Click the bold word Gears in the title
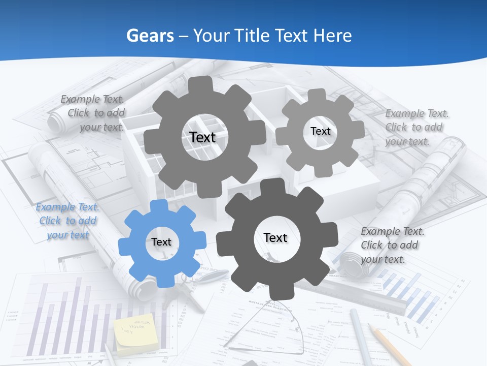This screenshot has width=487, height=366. click(150, 36)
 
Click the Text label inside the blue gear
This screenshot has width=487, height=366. click(161, 242)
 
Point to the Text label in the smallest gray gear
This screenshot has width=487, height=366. click(320, 131)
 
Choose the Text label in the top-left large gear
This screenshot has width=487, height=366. click(202, 137)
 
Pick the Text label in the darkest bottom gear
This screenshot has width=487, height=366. click(275, 237)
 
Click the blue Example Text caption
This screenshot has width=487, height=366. click(67, 221)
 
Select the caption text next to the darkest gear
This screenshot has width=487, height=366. click(392, 245)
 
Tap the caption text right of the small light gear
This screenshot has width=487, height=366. click(416, 127)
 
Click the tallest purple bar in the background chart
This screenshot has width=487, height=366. click(79, 315)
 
